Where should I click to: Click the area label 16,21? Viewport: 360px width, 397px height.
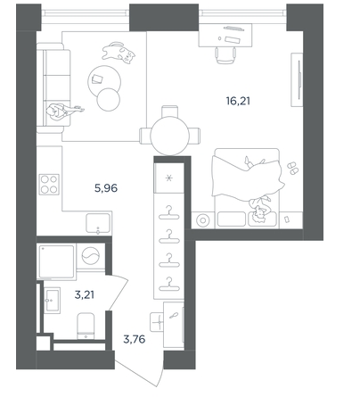coord(238,102)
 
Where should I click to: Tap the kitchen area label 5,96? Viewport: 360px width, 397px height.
coord(106,188)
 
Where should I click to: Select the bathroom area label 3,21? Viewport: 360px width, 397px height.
coord(85,295)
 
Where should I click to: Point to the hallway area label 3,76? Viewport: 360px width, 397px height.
coord(135,339)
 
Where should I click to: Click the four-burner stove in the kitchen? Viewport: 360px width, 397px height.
coord(49,185)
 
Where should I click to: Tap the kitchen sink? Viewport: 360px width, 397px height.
coord(98,223)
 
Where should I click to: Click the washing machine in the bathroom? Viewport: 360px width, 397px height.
coord(91,256)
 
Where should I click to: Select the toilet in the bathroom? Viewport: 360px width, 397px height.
coord(86,326)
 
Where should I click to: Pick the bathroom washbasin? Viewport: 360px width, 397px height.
coord(52,300)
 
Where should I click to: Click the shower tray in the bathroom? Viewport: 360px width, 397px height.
coord(56,262)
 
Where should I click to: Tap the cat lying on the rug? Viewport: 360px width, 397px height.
coord(119,53)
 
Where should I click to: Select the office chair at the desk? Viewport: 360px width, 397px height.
coord(225,55)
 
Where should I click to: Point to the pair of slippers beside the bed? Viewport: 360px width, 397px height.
coord(292,168)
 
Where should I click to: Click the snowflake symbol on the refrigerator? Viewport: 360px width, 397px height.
coord(168,178)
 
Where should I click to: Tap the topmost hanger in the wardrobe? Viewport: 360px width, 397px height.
coord(169,213)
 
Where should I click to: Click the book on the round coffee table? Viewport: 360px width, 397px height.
coord(97,79)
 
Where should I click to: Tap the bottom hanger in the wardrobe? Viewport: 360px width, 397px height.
coord(169,285)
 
